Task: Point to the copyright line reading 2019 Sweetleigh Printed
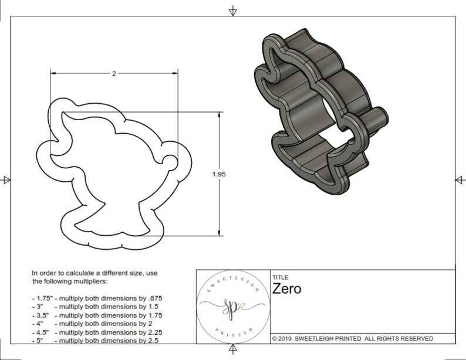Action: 353,338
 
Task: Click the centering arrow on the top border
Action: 233,11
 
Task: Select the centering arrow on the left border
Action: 6,179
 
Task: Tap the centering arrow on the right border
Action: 460,179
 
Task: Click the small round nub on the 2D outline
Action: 168,161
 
